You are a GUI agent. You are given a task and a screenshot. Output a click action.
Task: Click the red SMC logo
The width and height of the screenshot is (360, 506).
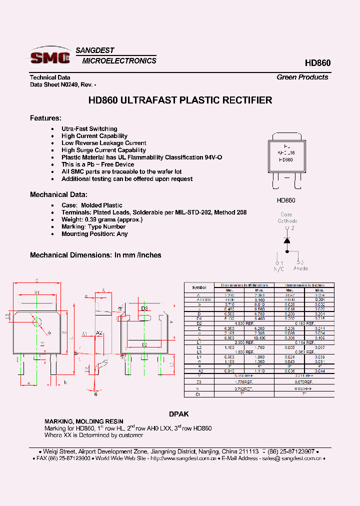pyautogui.click(x=50, y=57)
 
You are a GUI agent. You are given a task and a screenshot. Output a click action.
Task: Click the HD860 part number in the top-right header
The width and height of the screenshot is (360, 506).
pyautogui.click(x=317, y=63)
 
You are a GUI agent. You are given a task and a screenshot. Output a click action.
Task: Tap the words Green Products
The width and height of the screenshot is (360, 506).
pyautogui.click(x=302, y=77)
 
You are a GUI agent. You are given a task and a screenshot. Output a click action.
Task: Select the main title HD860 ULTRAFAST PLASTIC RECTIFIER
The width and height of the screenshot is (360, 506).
pyautogui.click(x=180, y=100)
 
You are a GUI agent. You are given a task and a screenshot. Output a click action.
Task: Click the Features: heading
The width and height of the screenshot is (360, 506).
pyautogui.click(x=45, y=118)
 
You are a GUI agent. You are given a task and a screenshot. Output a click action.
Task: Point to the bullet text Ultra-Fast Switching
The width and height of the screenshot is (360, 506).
pyautogui.click(x=89, y=129)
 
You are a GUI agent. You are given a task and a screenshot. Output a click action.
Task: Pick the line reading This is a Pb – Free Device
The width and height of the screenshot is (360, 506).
pyautogui.click(x=97, y=164)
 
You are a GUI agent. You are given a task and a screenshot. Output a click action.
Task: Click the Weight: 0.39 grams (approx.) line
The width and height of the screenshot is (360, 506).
pyautogui.click(x=102, y=219)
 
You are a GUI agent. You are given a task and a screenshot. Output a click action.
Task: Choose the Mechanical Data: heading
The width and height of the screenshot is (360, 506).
pyautogui.click(x=58, y=194)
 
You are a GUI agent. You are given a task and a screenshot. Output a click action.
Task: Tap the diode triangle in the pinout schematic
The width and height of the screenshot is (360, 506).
pyautogui.click(x=287, y=240)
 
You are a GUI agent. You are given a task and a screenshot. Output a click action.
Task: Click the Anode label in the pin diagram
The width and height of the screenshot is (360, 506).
pyautogui.click(x=300, y=268)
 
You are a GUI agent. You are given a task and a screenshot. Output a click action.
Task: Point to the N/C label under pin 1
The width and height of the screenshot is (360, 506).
pyautogui.click(x=278, y=268)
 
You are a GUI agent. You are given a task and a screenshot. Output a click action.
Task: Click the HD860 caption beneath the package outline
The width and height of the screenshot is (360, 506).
pyautogui.click(x=286, y=200)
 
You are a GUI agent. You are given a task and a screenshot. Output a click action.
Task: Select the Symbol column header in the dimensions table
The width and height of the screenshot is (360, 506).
pyautogui.click(x=199, y=287)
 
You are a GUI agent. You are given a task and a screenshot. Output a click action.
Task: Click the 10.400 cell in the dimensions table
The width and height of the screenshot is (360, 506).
pyautogui.click(x=259, y=338)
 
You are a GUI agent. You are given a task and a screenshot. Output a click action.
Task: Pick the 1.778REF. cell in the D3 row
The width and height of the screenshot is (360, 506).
pyautogui.click(x=244, y=381)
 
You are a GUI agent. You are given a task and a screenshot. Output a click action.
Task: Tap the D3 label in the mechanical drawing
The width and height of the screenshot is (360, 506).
pyautogui.click(x=144, y=308)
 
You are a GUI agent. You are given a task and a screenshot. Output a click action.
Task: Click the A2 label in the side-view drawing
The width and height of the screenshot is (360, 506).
pyautogui.click(x=99, y=332)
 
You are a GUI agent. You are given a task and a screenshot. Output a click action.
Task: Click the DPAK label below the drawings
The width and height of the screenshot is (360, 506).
pyautogui.click(x=179, y=414)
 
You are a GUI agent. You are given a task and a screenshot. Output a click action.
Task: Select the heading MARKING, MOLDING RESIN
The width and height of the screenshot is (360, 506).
pyautogui.click(x=83, y=421)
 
